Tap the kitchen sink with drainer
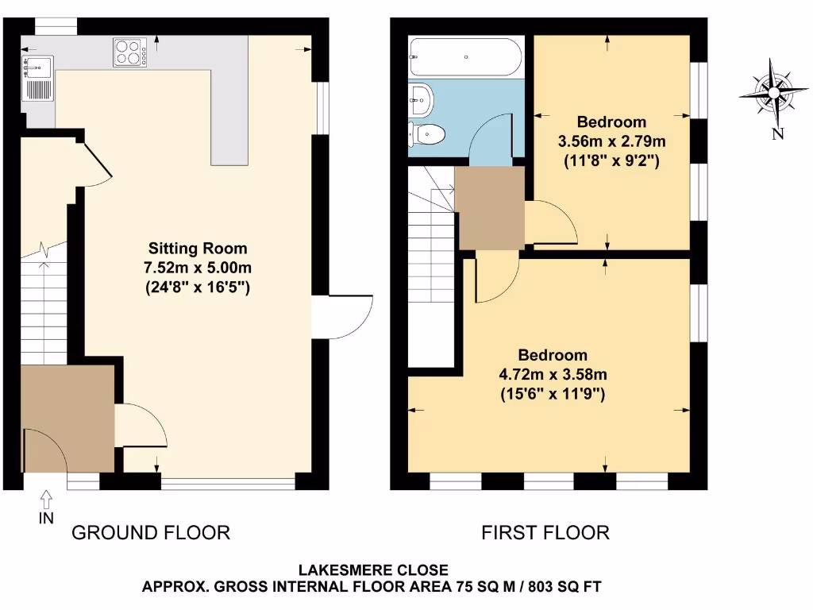point(37,77)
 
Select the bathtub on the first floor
point(465,57)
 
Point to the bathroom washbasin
point(421,99)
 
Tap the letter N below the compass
point(777,133)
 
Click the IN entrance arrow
point(45,500)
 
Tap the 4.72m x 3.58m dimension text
point(553,374)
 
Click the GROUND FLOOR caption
point(151,532)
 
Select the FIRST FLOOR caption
point(545,532)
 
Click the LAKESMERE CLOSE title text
point(373,570)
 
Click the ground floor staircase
point(44,310)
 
